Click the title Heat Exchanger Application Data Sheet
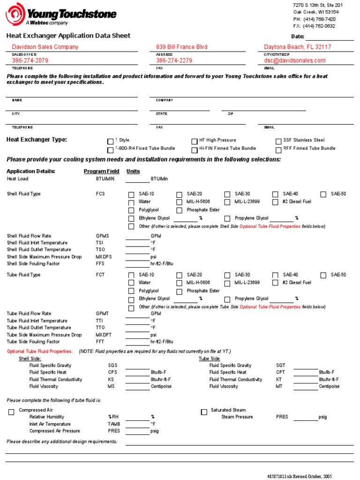pos(68,36)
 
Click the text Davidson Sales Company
pos(45,47)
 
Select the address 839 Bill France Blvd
pos(181,47)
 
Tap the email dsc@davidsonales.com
pos(294,60)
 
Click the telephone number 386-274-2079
pos(30,60)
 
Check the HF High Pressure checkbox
pos(195,141)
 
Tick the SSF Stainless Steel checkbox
pos(279,141)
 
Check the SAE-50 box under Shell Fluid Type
pos(323,195)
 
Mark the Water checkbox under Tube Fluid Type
pos(131,283)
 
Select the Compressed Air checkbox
pos(11,412)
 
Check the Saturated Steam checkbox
pos(204,412)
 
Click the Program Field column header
pos(101,172)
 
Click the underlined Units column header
pos(133,172)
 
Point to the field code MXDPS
pos(104,257)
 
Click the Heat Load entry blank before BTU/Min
pos(137,180)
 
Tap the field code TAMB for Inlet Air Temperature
pos(114,424)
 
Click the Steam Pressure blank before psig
pos(306,417)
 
